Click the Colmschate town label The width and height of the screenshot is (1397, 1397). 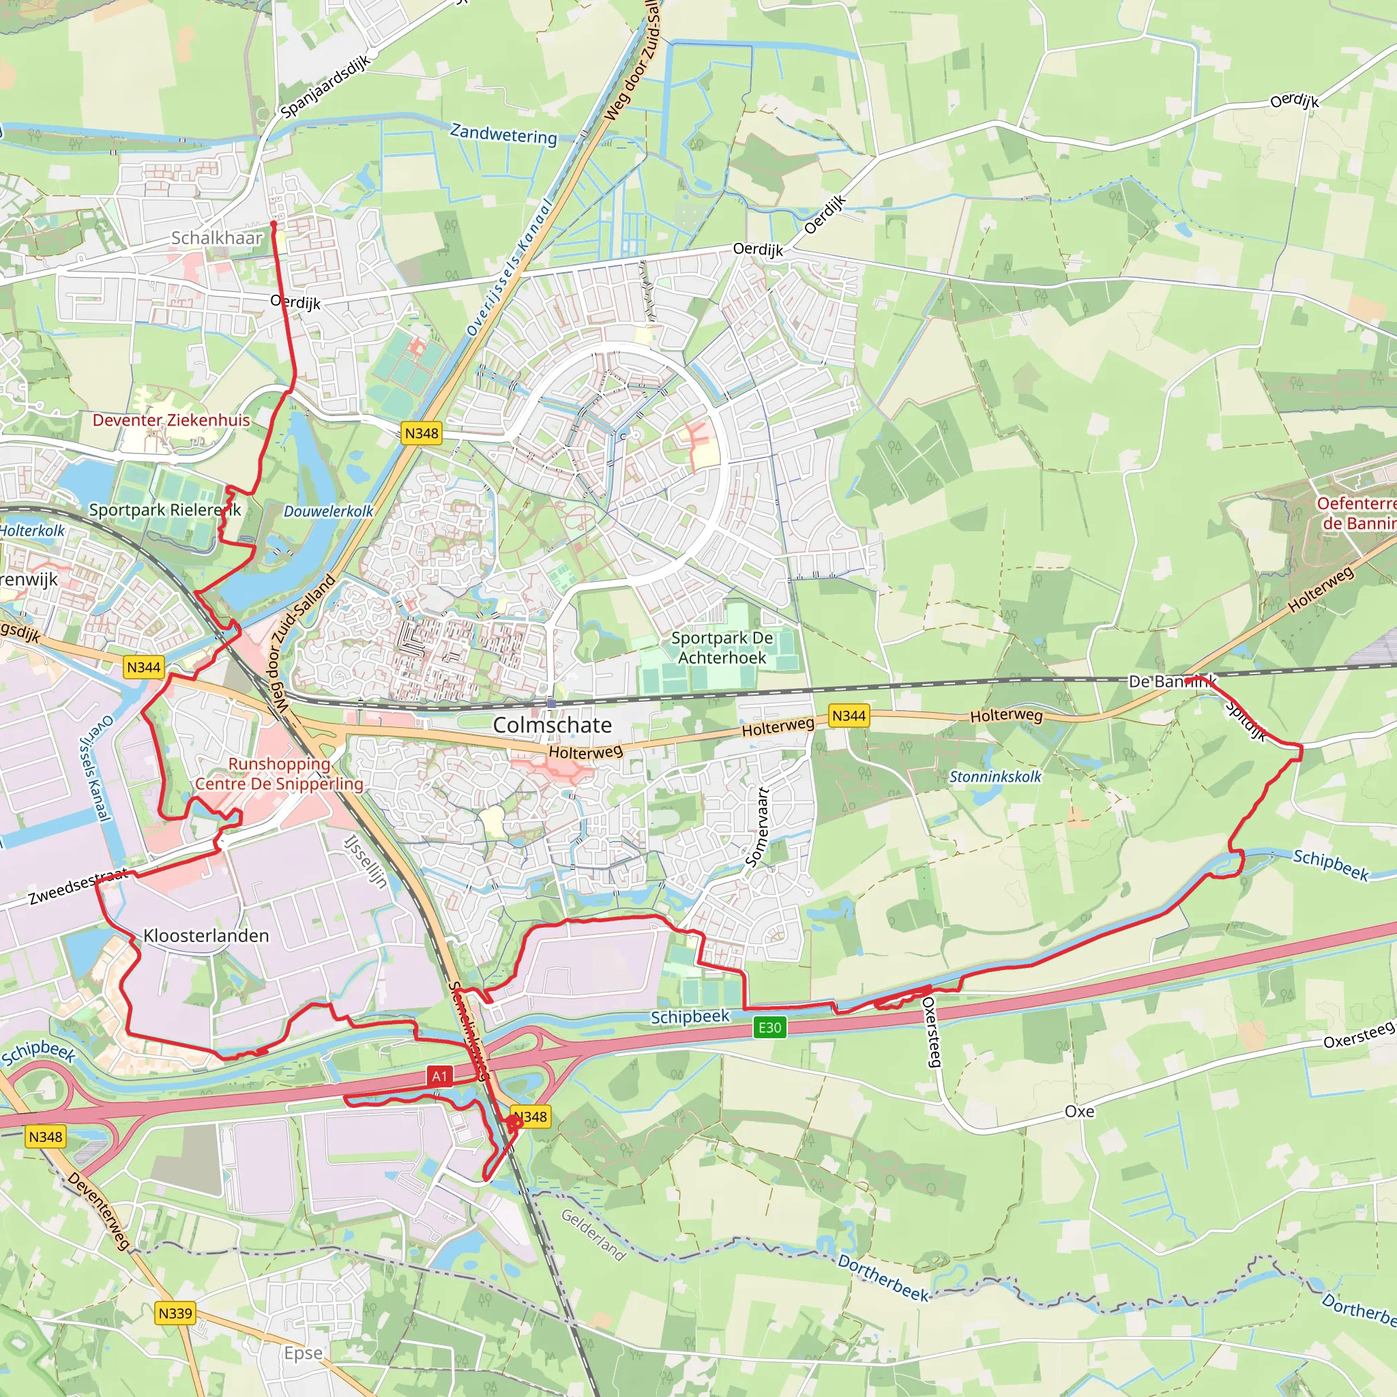click(552, 724)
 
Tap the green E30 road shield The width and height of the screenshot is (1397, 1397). click(769, 1027)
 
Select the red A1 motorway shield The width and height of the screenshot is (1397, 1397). click(440, 1076)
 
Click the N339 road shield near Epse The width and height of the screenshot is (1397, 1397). click(175, 1312)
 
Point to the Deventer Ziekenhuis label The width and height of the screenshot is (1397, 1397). click(171, 420)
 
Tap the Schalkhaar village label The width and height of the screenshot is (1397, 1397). click(216, 238)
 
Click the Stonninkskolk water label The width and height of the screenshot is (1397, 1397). click(995, 776)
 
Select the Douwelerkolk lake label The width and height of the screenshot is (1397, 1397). click(328, 511)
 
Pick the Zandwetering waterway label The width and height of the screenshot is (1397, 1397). click(503, 134)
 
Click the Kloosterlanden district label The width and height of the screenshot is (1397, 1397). click(206, 936)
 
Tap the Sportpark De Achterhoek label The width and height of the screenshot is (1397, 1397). click(722, 648)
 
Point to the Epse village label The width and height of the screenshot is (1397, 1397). click(303, 1353)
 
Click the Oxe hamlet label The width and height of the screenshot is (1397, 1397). click(1079, 1111)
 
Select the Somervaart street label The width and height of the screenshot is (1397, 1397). click(757, 827)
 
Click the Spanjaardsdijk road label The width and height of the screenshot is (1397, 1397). click(325, 86)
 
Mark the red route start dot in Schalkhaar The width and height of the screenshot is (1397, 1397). click(274, 224)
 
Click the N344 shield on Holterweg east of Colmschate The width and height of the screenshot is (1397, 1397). click(848, 716)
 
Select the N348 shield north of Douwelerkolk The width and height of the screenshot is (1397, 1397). click(421, 433)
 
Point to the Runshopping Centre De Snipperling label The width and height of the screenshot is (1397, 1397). click(279, 774)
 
